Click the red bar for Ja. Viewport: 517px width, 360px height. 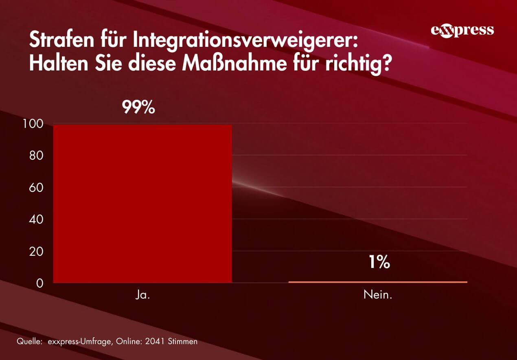[x=142, y=204]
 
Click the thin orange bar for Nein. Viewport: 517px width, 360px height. [x=378, y=282]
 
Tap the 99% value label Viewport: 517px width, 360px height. [x=138, y=108]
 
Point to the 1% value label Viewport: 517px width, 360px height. [x=379, y=263]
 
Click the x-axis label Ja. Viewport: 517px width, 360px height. [x=142, y=295]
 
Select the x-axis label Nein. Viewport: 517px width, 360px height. [x=378, y=295]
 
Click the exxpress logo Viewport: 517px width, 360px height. [x=462, y=31]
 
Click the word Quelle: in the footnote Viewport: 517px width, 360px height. [x=29, y=341]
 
